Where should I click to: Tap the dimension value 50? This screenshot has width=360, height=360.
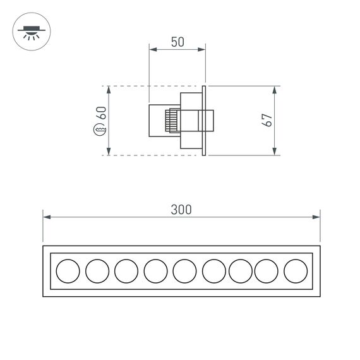tap(177, 42)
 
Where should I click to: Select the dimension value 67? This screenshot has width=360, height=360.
tap(267, 120)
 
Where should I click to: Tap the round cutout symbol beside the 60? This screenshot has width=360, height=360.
tap(100, 131)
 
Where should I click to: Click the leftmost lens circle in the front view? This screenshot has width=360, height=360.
tap(68, 271)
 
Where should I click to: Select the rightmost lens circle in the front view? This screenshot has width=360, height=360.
tap(296, 271)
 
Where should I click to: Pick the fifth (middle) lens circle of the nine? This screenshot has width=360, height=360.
tap(184, 271)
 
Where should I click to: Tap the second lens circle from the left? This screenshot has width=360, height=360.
tap(97, 271)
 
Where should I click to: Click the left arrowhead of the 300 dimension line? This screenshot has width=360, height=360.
tap(46, 217)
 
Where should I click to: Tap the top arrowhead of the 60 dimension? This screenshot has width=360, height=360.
tap(109, 89)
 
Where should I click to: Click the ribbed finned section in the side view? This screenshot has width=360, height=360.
tap(171, 120)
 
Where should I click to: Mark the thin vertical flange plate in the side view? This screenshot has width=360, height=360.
tap(205, 120)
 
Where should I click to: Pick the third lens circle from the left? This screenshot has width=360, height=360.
tap(126, 271)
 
